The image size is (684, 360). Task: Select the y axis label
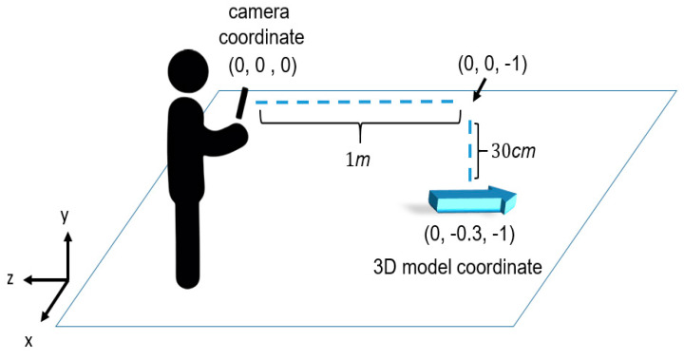pos(65,218)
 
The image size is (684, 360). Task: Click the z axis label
pos(9,278)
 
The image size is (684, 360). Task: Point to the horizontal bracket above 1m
pos(360,125)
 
